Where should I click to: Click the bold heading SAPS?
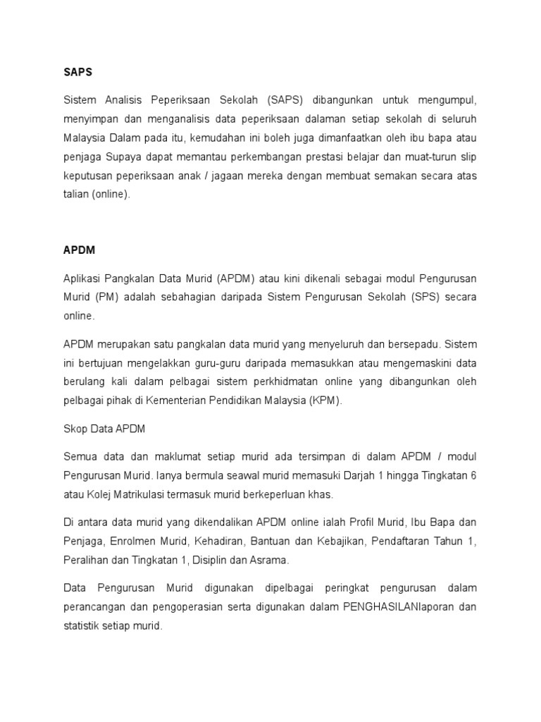(77, 72)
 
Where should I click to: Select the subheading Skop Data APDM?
(104, 429)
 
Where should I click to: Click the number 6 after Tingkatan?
(473, 475)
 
